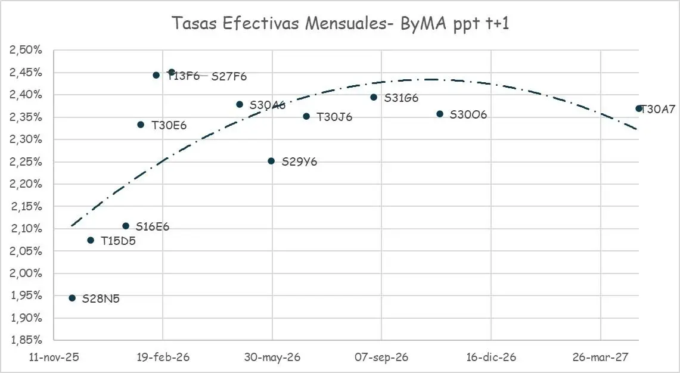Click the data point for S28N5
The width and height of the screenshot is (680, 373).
pos(72,298)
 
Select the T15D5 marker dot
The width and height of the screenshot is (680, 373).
pos(91,240)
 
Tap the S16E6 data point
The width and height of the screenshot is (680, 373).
pos(126,226)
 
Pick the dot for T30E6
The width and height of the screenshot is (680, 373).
pos(141,125)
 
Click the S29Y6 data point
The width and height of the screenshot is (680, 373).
pos(271,161)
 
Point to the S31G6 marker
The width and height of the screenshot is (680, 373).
pos(374,97)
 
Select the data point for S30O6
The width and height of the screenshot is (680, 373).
pos(440,114)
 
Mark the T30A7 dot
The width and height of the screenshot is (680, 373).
pos(639,108)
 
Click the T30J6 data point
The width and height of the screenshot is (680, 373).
pos(306,116)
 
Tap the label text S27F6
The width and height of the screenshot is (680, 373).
pos(229,76)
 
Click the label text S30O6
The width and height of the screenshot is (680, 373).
pos(468,115)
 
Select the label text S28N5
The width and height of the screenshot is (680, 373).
pos(101,299)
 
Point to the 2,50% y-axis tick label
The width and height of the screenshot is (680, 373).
pos(25,50)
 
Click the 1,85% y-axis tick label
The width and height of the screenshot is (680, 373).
pos(25,340)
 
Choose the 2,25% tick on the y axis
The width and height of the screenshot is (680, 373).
pos(25,161)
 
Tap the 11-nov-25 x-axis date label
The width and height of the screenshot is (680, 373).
pos(54,358)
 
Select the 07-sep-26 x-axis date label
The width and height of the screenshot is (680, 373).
pos(381,358)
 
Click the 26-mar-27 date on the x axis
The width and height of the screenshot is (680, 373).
pos(601,358)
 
